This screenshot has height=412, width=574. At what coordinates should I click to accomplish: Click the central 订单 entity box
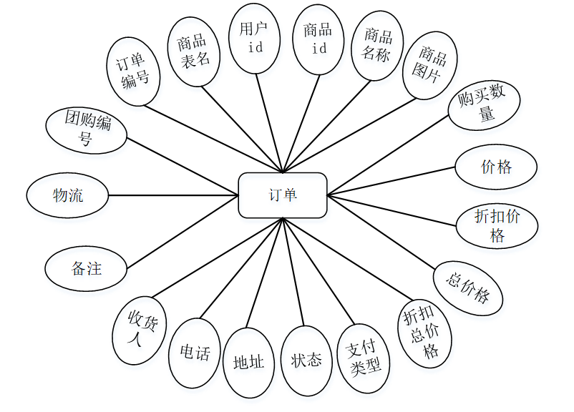pyautogui.click(x=283, y=195)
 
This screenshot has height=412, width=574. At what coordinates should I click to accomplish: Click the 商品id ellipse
pyautogui.click(x=317, y=39)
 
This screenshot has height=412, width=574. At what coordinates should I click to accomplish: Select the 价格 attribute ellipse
pyautogui.click(x=496, y=167)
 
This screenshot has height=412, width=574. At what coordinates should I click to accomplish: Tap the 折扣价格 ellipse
pyautogui.click(x=497, y=225)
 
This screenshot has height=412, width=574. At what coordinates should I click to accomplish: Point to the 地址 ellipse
pyautogui.click(x=248, y=362)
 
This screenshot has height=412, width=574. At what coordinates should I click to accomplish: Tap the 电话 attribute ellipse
pyautogui.click(x=195, y=353)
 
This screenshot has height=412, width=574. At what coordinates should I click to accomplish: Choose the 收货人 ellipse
pyautogui.click(x=140, y=329)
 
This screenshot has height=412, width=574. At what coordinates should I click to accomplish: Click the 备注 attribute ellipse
pyautogui.click(x=87, y=269)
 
